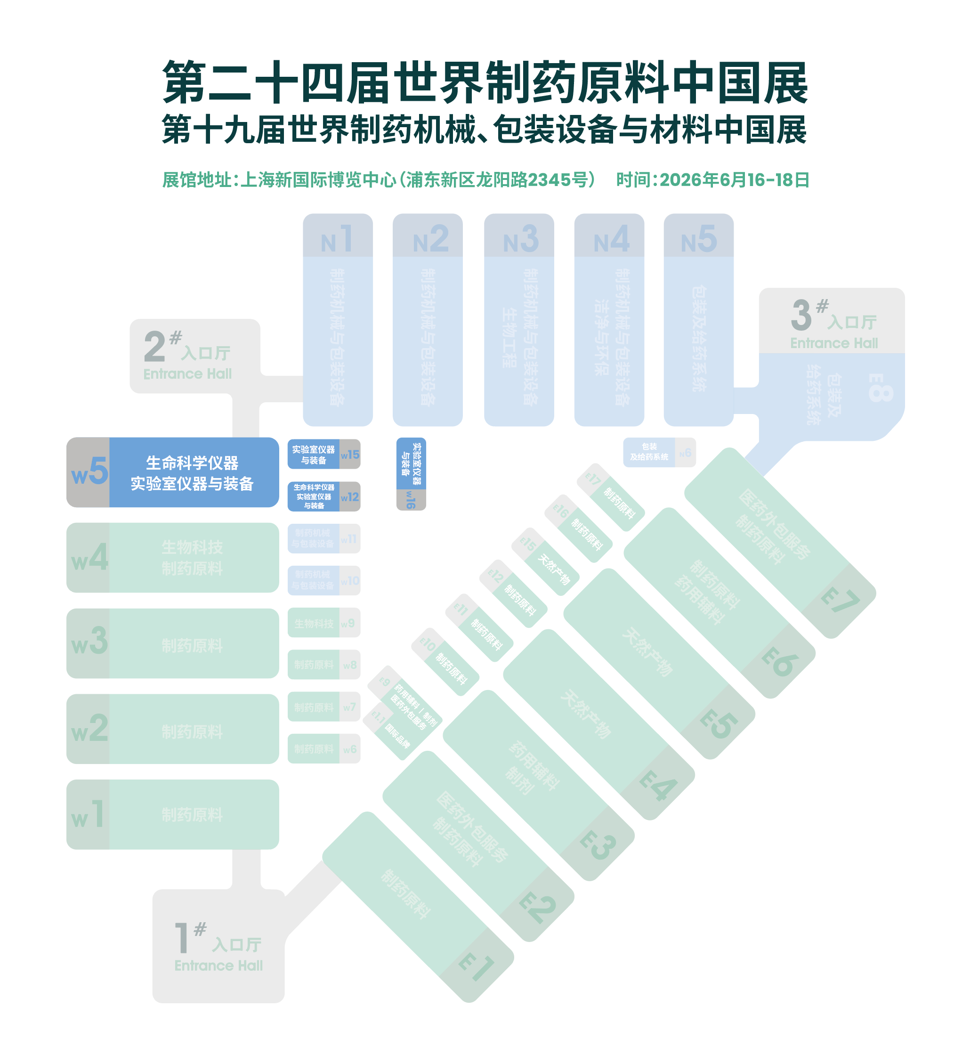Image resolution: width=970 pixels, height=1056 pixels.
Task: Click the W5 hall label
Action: [x=89, y=471]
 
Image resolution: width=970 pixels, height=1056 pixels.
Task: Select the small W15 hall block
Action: [x=324, y=454]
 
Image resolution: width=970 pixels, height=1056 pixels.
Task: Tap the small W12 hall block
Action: [x=324, y=496]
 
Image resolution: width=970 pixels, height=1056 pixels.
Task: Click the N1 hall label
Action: [x=338, y=239]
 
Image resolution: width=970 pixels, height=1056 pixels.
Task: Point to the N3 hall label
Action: [x=520, y=239]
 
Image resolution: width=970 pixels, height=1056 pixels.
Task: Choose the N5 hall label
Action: [x=699, y=239]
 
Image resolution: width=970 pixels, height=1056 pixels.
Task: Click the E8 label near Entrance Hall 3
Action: [x=880, y=388]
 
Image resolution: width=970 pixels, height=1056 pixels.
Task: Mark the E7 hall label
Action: [x=840, y=601]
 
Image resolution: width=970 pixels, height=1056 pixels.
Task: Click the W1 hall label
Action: [x=88, y=814]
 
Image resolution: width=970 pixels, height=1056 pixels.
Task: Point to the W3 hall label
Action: [x=89, y=642]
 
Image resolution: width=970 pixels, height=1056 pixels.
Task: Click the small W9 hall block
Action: [x=324, y=623]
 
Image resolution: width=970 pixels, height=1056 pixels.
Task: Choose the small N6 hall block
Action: [x=659, y=452]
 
